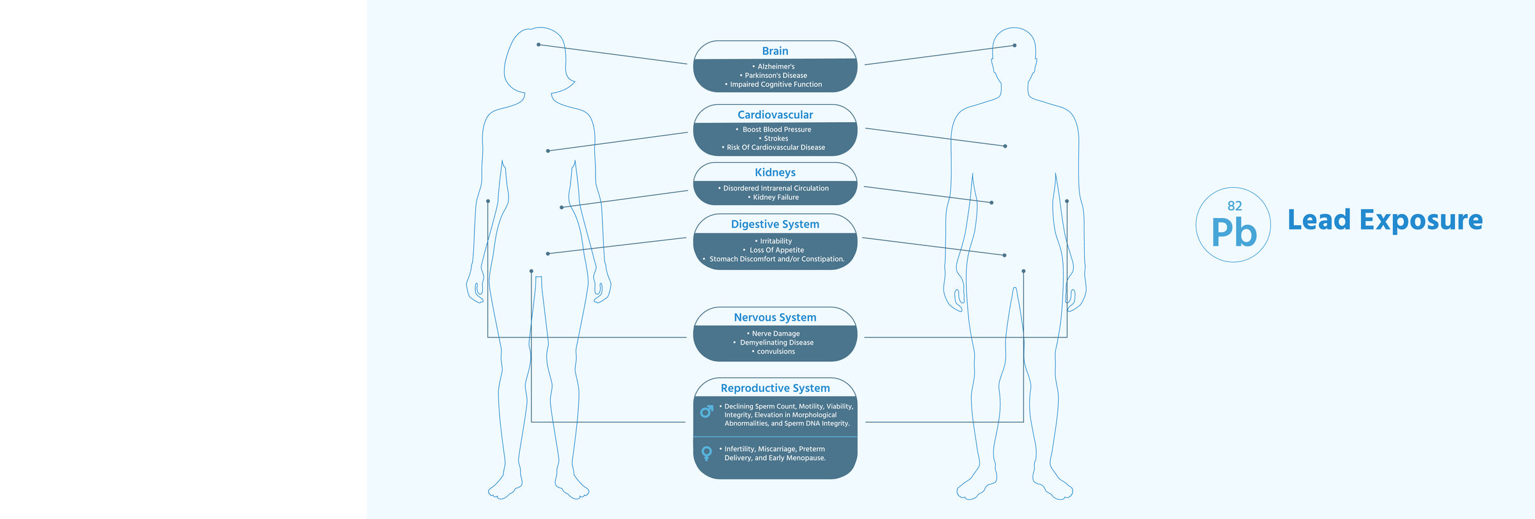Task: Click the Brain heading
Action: point(775,51)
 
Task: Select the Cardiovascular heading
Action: point(775,115)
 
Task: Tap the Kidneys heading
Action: point(775,173)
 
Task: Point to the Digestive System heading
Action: point(775,224)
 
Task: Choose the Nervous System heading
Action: point(775,318)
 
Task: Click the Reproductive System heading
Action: point(775,388)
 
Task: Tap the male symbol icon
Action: point(707,412)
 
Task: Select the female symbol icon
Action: point(707,453)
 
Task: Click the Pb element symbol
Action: point(1234,232)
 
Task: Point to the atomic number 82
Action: point(1234,206)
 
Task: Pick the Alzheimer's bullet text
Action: point(776,66)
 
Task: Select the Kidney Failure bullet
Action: point(776,198)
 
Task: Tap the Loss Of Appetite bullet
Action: point(776,250)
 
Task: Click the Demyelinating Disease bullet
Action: point(776,343)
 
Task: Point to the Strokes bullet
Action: point(776,139)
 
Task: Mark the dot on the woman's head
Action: point(539,45)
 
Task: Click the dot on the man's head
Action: point(1014,45)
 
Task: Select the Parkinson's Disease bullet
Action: point(776,75)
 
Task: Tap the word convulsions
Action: point(776,352)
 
